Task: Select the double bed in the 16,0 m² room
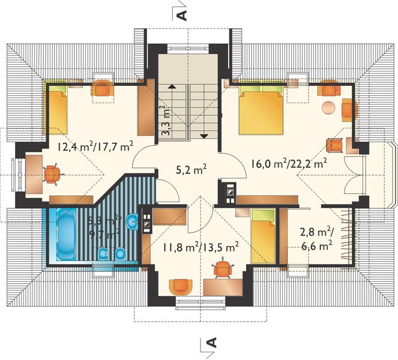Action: pos(261,112)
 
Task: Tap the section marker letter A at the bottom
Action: pos(211,343)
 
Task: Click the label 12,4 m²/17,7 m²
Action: pos(95,146)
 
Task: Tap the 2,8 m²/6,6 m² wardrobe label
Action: pos(316,239)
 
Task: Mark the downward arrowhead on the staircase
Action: pos(205,136)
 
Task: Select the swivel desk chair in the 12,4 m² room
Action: pos(53,173)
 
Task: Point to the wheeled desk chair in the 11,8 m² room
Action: pos(223,269)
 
